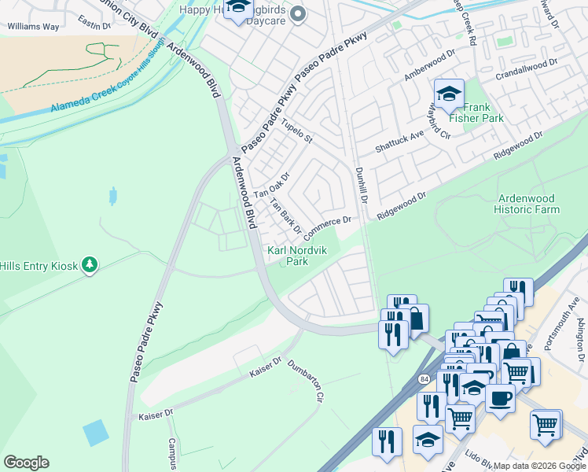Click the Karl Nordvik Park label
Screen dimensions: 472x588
(298, 256)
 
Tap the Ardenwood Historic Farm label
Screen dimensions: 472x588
(527, 205)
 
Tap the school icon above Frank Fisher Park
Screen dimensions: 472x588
(448, 95)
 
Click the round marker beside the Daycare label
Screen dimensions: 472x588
(298, 13)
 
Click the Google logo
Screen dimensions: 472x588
(26, 463)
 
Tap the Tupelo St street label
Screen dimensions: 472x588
(297, 132)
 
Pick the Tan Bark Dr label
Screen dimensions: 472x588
(285, 217)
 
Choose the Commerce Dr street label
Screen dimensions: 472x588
(326, 227)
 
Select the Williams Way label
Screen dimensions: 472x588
(33, 26)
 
